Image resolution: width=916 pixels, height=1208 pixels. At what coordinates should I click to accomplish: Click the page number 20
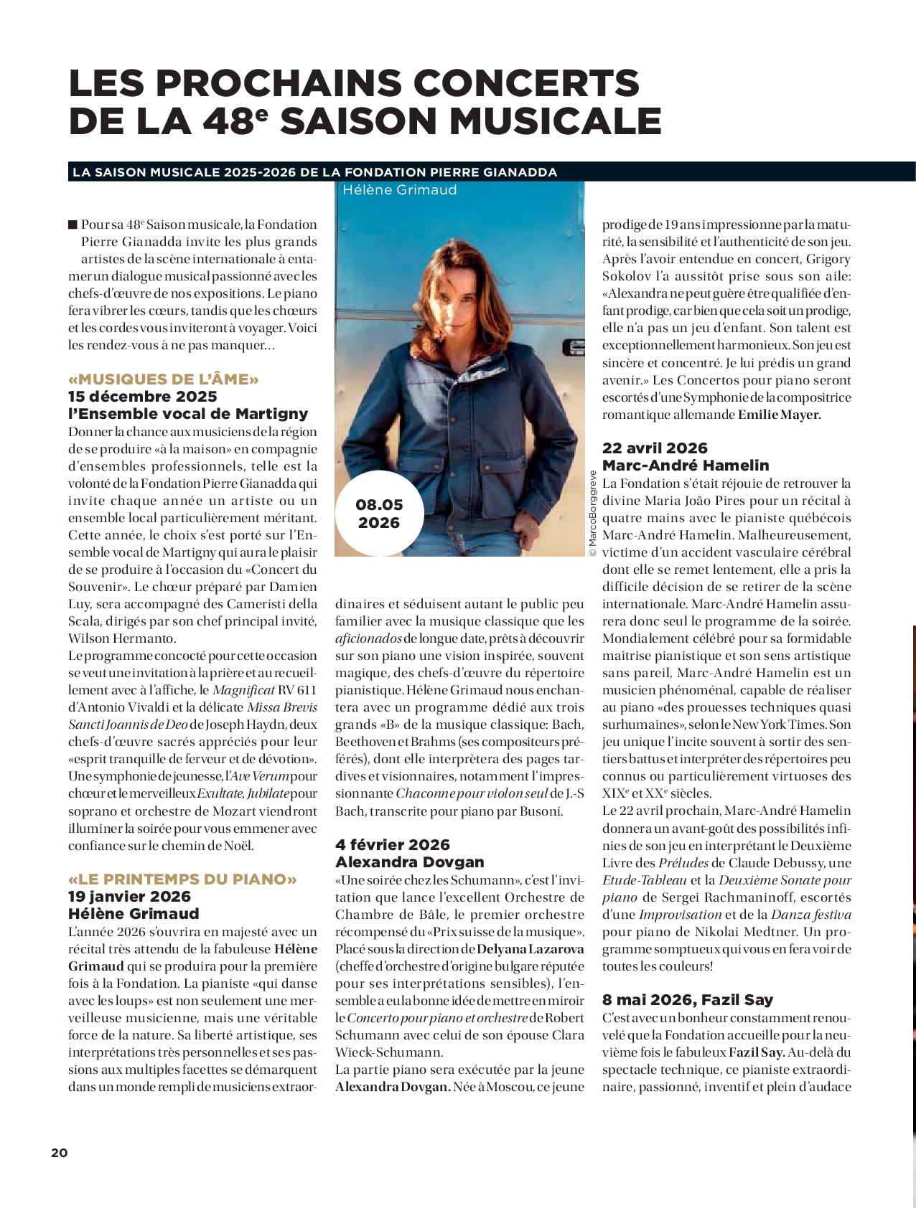click(x=59, y=1152)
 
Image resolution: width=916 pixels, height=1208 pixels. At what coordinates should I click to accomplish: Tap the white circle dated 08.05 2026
click(x=379, y=514)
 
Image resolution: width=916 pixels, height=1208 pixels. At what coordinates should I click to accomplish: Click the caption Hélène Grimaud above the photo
click(x=399, y=190)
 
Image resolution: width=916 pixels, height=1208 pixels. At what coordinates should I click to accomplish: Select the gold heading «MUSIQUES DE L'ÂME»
click(x=164, y=379)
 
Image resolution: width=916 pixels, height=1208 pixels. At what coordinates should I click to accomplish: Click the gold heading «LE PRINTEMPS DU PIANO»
click(x=182, y=879)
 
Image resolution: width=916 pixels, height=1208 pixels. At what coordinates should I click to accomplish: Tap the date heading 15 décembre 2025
click(x=142, y=397)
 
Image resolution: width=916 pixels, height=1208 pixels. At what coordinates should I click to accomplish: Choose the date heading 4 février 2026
click(x=392, y=845)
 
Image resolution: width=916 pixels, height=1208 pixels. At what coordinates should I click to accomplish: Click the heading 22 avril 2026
click(x=655, y=448)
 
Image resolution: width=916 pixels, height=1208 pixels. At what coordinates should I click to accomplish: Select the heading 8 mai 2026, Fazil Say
click(x=687, y=1000)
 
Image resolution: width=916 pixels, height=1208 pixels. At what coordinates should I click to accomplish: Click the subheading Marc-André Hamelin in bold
click(x=686, y=466)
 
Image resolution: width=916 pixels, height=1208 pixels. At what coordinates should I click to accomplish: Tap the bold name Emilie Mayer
click(x=780, y=415)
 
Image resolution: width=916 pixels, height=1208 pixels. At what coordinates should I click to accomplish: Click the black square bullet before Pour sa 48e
click(x=73, y=225)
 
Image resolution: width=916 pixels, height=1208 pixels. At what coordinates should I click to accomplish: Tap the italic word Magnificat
click(x=243, y=690)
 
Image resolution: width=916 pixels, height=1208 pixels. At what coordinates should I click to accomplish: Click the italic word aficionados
click(x=368, y=638)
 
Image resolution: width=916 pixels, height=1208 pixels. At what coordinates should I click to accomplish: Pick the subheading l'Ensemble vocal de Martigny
click(x=188, y=414)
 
